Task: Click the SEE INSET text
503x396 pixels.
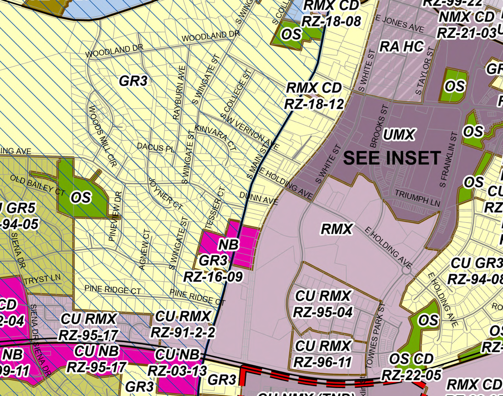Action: (392, 158)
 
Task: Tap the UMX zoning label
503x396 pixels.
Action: (399, 135)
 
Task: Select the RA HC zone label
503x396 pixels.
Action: (402, 47)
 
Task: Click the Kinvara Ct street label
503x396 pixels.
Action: (215, 137)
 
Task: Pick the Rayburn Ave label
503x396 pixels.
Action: (179, 92)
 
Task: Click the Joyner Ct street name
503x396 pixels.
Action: (165, 194)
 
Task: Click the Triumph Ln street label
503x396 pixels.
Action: (417, 198)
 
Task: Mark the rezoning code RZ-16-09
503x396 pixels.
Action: (213, 277)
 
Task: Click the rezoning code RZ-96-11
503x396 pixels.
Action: (322, 362)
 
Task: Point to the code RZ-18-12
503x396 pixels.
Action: (314, 104)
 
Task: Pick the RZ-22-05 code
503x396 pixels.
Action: (411, 375)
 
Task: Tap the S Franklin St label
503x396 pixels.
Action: (448, 160)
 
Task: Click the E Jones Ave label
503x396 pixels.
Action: (400, 24)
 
